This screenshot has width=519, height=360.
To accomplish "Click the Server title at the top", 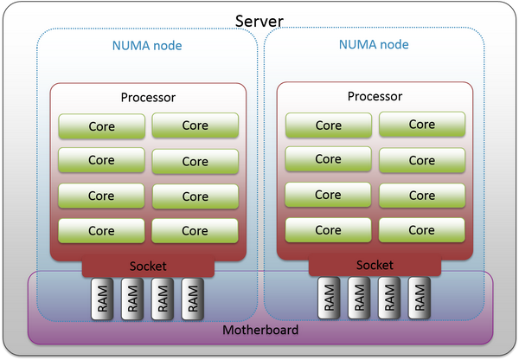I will [260, 19].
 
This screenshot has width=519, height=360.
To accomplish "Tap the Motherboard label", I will [260, 331].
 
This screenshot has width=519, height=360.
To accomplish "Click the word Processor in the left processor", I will [147, 99].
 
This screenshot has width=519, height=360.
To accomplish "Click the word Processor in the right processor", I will [375, 97].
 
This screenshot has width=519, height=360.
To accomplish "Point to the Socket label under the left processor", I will [147, 267].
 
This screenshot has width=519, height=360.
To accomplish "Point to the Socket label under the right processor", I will [375, 265].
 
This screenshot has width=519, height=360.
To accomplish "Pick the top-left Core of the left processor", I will [100, 126].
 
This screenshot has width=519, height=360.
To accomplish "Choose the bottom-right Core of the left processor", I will [195, 231].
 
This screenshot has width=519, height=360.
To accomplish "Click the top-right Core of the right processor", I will [422, 125].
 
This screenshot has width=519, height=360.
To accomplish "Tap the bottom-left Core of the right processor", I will [328, 230].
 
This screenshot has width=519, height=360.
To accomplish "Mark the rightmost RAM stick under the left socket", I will [195, 299].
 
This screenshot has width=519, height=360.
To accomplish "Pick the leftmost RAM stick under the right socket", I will [330, 299].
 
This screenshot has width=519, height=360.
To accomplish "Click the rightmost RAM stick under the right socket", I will [419, 299].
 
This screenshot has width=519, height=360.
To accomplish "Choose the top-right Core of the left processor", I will [195, 125].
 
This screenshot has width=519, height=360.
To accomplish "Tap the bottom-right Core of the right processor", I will [422, 230].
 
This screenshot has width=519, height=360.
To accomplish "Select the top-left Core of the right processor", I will [328, 125].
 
